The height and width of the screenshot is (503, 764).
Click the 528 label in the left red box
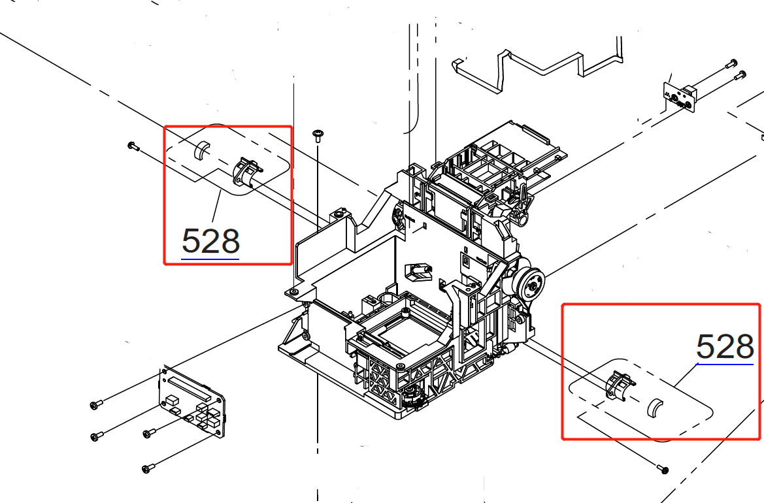(210, 241)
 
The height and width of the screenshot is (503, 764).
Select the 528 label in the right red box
(725, 346)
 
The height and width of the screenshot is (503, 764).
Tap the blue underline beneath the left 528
(210, 259)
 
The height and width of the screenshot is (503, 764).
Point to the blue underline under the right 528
(725, 364)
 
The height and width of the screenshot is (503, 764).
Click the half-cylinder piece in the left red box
(201, 151)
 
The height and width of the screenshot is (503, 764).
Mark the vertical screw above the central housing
(318, 135)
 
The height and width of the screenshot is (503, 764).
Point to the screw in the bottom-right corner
(664, 469)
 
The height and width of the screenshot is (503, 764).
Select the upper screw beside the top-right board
(731, 63)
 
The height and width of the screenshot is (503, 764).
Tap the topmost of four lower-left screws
(95, 405)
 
